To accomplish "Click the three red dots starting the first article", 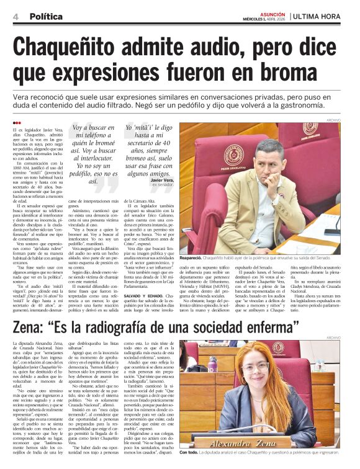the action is (17, 123).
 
